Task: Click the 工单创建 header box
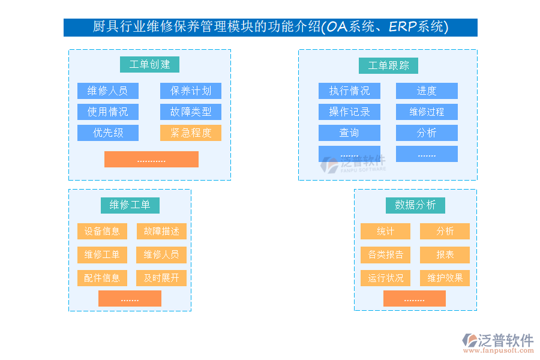pos(149,65)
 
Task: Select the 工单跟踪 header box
pos(388,65)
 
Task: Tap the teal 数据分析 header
pos(415,205)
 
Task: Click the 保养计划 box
pos(191,91)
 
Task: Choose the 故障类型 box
pos(191,112)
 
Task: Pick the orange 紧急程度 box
pos(191,133)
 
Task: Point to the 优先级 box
pos(108,133)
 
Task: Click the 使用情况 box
pos(108,112)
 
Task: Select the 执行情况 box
pos(349,91)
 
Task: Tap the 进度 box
pos(427,91)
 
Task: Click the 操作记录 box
pos(349,112)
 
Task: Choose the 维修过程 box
pos(427,112)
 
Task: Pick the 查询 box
pos(349,133)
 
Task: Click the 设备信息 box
pos(102,231)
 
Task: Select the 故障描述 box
pos(161,231)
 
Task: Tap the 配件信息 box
pos(102,278)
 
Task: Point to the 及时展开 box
pos(161,278)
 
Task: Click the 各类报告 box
pos(385,254)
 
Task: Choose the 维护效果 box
pos(445,278)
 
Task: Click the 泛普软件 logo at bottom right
pos(497,343)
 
